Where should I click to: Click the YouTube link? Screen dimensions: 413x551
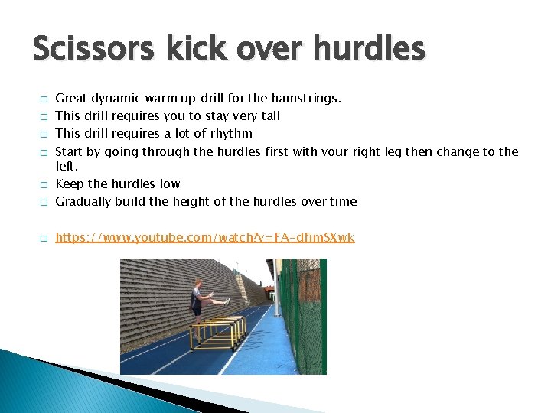(205, 238)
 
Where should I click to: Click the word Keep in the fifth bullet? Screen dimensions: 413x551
(69, 184)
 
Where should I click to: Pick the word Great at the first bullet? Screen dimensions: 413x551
(71, 99)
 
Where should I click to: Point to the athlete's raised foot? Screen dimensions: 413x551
(227, 301)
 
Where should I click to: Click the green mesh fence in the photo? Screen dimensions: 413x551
(302, 321)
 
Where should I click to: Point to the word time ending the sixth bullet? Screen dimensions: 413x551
(344, 202)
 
